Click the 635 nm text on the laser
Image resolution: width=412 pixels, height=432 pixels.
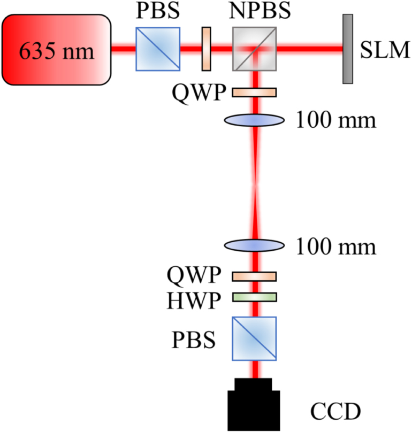pyautogui.click(x=56, y=52)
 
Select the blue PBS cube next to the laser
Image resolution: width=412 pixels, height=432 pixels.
pyautogui.click(x=158, y=49)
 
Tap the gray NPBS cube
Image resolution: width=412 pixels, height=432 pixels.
pyautogui.click(x=254, y=49)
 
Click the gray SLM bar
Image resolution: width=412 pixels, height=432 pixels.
pyautogui.click(x=348, y=49)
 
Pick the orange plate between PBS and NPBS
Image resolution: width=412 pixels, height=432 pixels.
pyautogui.click(x=206, y=49)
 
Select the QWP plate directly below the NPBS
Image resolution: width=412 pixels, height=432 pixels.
pyautogui.click(x=254, y=92)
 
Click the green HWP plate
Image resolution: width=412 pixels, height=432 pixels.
pyautogui.click(x=254, y=297)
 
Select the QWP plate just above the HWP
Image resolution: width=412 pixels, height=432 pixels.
pyautogui.click(x=254, y=276)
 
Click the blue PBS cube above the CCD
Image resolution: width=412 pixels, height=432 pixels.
pyautogui.click(x=254, y=338)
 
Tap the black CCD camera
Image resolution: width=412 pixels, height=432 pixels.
pyautogui.click(x=254, y=404)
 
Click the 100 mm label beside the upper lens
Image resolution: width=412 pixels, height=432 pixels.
pyautogui.click(x=336, y=121)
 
